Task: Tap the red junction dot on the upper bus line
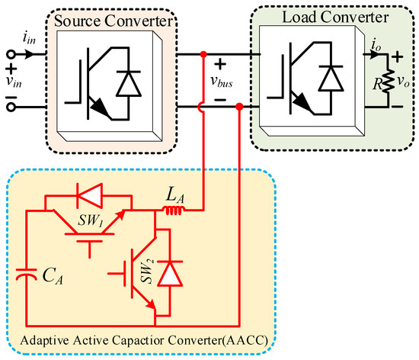(203, 55)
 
